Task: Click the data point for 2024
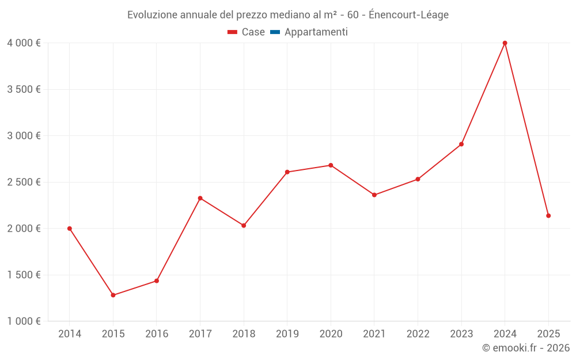pos(505,43)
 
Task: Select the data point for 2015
pos(113,295)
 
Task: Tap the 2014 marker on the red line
pos(70,229)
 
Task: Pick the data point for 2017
pos(200,198)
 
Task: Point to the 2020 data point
pos(331,165)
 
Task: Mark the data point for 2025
pos(548,215)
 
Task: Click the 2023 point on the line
pos(461,144)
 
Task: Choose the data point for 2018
pos(244,225)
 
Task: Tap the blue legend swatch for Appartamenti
pos(275,32)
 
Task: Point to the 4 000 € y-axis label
pos(24,43)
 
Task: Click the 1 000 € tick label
pos(24,321)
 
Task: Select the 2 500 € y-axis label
pos(24,182)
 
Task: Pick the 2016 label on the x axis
pos(157,334)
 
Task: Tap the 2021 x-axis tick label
pos(374,334)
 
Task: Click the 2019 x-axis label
pos(287,334)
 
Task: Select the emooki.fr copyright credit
pos(525,348)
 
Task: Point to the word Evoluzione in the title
pos(152,15)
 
